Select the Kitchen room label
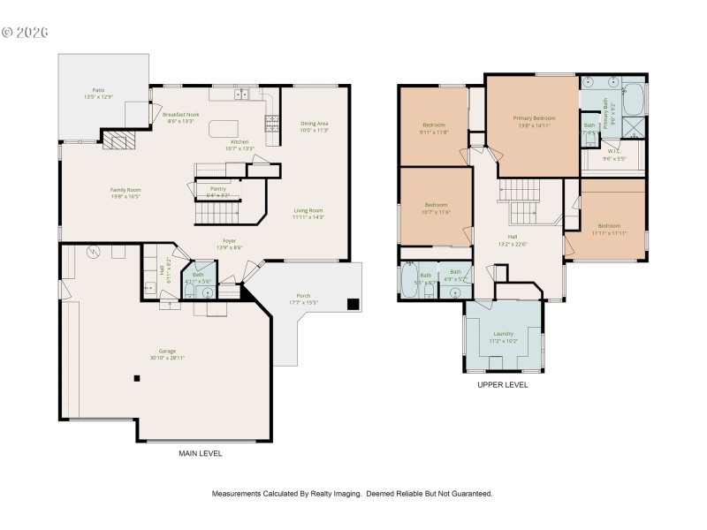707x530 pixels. coord(239,142)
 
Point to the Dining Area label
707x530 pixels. coord(314,124)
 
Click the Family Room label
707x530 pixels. coord(125,190)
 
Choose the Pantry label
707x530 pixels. coord(217,189)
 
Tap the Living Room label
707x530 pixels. coord(308,210)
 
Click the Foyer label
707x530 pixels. coord(229,240)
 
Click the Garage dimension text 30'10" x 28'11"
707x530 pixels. coord(167,359)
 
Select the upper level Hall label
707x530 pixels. coord(512,237)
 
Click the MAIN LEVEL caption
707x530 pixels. coord(201,453)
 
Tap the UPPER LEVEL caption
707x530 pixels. coord(502,385)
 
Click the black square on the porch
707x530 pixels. coord(353,305)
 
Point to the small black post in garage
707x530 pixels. coord(137,379)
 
